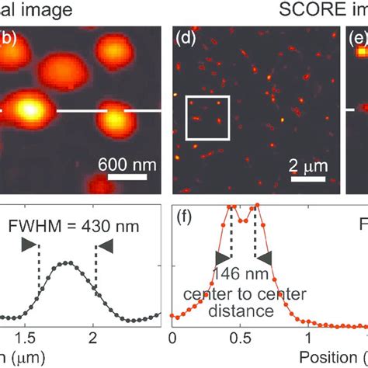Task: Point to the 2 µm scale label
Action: click(x=308, y=165)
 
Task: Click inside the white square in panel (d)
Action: click(x=207, y=118)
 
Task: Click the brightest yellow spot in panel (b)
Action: click(x=29, y=109)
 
